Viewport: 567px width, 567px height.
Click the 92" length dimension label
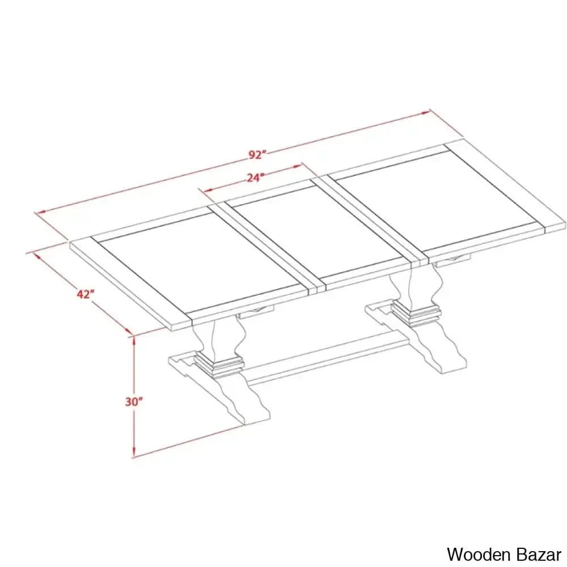[x=257, y=155]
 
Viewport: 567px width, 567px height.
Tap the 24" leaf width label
[x=255, y=177]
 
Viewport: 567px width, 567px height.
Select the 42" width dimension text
[x=86, y=294]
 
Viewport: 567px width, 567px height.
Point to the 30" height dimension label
[x=134, y=401]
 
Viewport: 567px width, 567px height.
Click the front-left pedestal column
[x=217, y=338]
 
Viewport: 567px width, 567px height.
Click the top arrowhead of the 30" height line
[x=134, y=340]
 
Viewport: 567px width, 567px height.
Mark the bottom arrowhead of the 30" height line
[x=134, y=452]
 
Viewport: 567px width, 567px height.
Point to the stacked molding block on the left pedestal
[x=219, y=365]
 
